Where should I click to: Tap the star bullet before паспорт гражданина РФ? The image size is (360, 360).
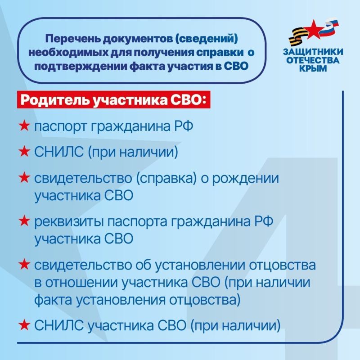[24, 126]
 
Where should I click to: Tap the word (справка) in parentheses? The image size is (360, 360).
[162, 178]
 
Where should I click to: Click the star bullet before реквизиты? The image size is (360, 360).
[24, 221]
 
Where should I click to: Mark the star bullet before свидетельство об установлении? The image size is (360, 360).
[24, 264]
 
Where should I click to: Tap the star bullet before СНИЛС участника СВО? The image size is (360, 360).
[24, 324]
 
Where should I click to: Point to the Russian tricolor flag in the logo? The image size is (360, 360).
[333, 27]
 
